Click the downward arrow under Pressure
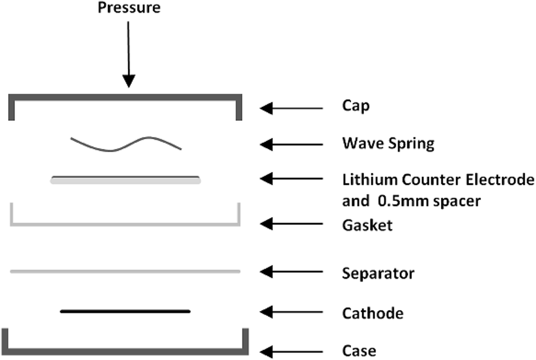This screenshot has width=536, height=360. (129, 54)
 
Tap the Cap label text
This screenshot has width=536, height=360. (356, 107)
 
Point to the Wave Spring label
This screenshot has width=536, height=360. (388, 144)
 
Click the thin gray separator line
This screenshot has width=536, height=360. (125, 271)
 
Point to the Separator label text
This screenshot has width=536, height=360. (378, 273)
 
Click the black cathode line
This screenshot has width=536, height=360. (125, 311)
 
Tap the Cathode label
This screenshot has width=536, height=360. (373, 313)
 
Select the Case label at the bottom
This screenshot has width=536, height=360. (359, 350)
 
